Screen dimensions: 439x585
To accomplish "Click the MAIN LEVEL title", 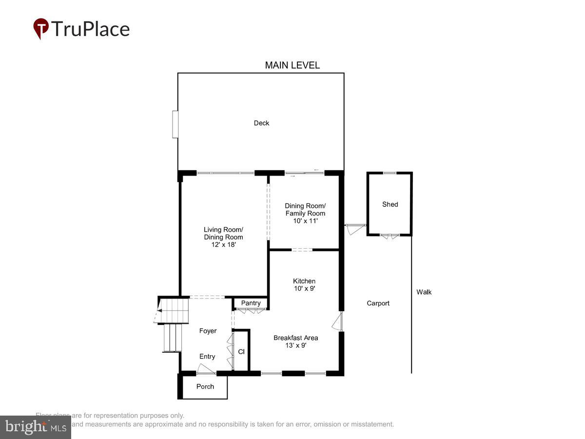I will point(292,65).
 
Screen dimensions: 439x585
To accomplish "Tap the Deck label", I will point(261,123).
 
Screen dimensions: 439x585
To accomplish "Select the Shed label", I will point(390,204).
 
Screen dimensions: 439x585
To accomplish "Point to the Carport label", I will point(378,303).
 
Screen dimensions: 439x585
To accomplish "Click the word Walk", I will point(424,292).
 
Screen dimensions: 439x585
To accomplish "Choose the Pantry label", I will point(251,303).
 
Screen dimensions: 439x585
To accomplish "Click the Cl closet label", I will point(241,351).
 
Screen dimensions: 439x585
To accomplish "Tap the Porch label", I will point(205,386).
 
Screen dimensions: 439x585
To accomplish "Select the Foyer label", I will point(208,331).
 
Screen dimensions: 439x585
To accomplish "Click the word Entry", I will point(207,357).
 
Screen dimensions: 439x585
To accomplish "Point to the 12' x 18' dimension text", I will point(223,245).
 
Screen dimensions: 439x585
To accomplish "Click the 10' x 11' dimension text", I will point(305,221).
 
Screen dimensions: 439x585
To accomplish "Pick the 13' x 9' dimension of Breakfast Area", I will point(295,345).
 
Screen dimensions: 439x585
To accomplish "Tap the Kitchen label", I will point(304,281).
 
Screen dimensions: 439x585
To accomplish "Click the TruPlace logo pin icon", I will point(41,28).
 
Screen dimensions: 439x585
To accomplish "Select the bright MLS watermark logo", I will point(35,427).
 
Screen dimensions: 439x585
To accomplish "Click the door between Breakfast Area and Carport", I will point(337,322).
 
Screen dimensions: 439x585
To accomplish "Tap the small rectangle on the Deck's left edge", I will point(175,124).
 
